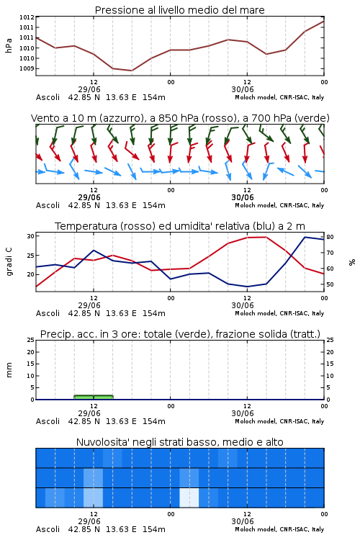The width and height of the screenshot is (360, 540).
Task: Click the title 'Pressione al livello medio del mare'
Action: (179, 10)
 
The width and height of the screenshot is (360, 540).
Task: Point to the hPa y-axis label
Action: (9, 45)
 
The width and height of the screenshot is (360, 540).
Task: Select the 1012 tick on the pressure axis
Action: (27, 17)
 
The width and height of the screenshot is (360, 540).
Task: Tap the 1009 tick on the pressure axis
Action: (27, 68)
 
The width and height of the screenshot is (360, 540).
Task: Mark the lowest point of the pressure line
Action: (132, 71)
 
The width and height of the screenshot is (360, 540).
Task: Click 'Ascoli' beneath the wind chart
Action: (48, 205)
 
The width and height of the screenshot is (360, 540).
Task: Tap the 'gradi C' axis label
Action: (9, 262)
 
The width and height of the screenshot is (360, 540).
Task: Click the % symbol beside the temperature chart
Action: (352, 262)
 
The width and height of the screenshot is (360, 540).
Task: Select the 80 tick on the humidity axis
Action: (330, 237)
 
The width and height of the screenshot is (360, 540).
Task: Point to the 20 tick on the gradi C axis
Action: (31, 274)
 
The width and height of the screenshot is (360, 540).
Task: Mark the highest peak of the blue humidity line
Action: (305, 237)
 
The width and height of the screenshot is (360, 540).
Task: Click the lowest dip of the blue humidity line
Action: (247, 287)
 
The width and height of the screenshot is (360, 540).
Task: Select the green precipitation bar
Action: (94, 397)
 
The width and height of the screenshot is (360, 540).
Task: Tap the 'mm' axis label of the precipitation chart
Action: (9, 370)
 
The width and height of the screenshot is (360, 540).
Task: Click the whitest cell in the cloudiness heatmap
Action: (189, 498)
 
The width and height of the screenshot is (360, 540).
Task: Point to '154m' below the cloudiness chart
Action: (154, 529)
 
